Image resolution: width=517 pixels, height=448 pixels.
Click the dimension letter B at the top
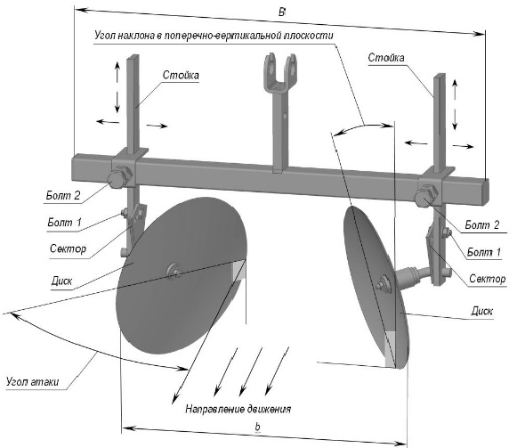click(281, 12)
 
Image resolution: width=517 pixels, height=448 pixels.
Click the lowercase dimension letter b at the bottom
click(257, 427)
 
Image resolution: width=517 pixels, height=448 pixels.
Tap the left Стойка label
click(181, 75)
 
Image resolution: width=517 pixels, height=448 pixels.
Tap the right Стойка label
click(386, 57)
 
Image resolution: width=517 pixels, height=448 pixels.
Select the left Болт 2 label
click(63, 195)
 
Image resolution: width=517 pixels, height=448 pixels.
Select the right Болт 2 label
click(482, 224)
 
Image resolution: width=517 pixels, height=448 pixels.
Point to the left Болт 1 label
click(64, 222)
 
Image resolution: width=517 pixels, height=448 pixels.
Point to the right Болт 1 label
click(484, 252)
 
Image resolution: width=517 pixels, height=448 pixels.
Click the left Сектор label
click(68, 248)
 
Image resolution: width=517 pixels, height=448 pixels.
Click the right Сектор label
click(488, 279)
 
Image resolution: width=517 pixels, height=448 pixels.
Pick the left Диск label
click(61, 281)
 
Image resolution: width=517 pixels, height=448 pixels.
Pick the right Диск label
click(482, 311)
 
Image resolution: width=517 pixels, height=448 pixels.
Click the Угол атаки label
click(32, 381)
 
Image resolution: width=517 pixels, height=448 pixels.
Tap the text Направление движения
click(238, 409)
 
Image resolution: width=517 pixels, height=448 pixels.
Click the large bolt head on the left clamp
click(117, 179)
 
